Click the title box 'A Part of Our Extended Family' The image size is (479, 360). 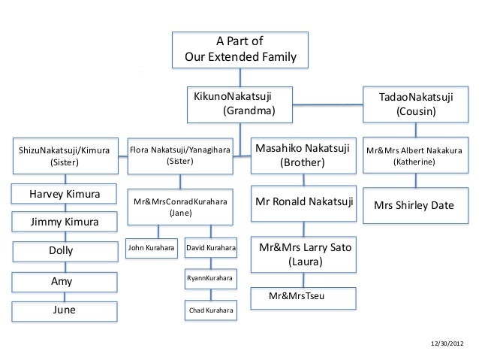click(239, 50)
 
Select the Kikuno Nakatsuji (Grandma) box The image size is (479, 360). click(240, 104)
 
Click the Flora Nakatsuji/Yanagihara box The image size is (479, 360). click(179, 156)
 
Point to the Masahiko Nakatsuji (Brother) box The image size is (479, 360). click(303, 156)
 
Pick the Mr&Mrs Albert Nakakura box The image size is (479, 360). click(414, 156)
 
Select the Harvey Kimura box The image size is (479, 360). click(64, 195)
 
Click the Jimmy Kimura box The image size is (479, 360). click(64, 222)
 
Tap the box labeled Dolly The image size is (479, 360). click(64, 251)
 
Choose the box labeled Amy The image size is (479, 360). click(64, 281)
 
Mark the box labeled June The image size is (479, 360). click(64, 310)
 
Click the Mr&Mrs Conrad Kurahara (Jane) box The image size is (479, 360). click(179, 207)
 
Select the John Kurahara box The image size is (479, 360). click(152, 247)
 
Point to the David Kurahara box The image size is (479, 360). click(211, 247)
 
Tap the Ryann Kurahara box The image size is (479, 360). click(211, 279)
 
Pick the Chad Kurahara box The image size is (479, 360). click(211, 310)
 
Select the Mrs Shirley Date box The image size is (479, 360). click(414, 204)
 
